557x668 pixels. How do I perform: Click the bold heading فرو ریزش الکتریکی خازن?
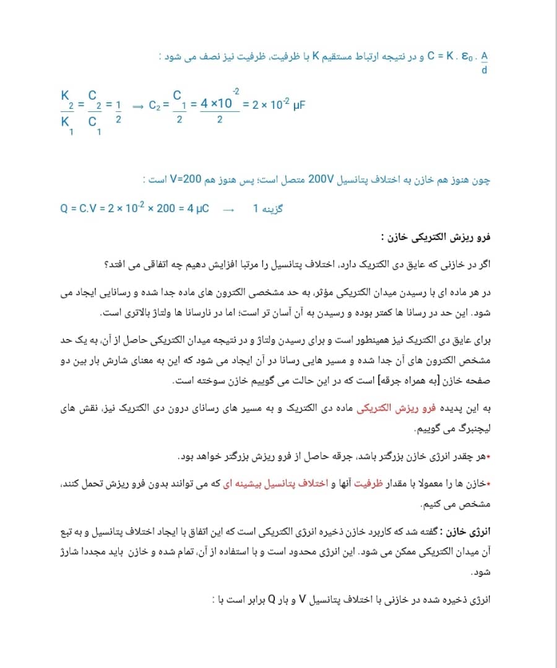point(436,237)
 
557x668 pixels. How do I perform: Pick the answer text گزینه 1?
point(267,208)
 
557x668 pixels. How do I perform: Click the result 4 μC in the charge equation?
point(197,208)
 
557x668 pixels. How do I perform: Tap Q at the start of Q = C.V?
point(64,208)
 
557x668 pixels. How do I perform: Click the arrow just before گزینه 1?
point(229,209)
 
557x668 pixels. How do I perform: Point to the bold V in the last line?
point(303,600)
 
